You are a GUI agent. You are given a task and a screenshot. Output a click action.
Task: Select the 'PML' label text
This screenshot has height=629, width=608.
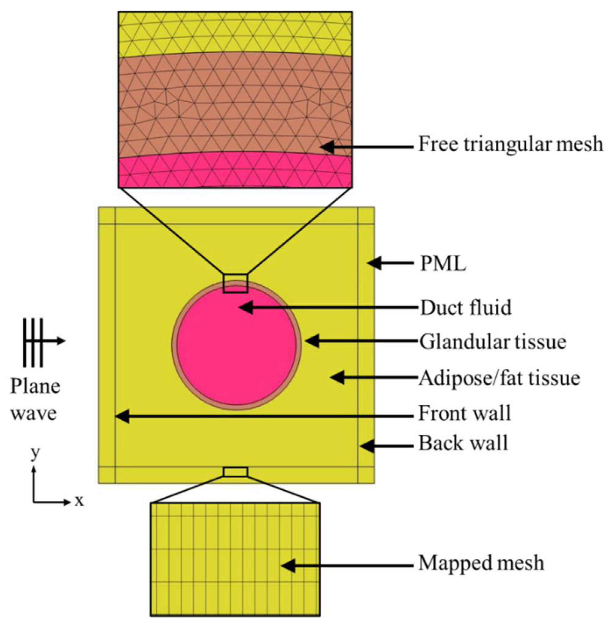point(443,264)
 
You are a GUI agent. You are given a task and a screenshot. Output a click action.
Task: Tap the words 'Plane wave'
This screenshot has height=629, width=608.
point(34,400)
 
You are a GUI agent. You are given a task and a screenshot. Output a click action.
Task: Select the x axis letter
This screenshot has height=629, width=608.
point(79,500)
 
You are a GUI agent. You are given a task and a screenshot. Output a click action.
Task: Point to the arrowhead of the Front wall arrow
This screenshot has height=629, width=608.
point(122,416)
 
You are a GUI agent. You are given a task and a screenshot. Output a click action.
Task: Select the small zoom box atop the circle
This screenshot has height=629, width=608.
point(235,283)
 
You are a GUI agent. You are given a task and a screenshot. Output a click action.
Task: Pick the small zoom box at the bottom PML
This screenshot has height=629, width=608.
point(235,472)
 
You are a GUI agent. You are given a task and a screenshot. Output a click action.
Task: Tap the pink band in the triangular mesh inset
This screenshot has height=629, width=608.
point(235,172)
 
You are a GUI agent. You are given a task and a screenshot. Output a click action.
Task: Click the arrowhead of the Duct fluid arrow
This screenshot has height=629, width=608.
point(245,307)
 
